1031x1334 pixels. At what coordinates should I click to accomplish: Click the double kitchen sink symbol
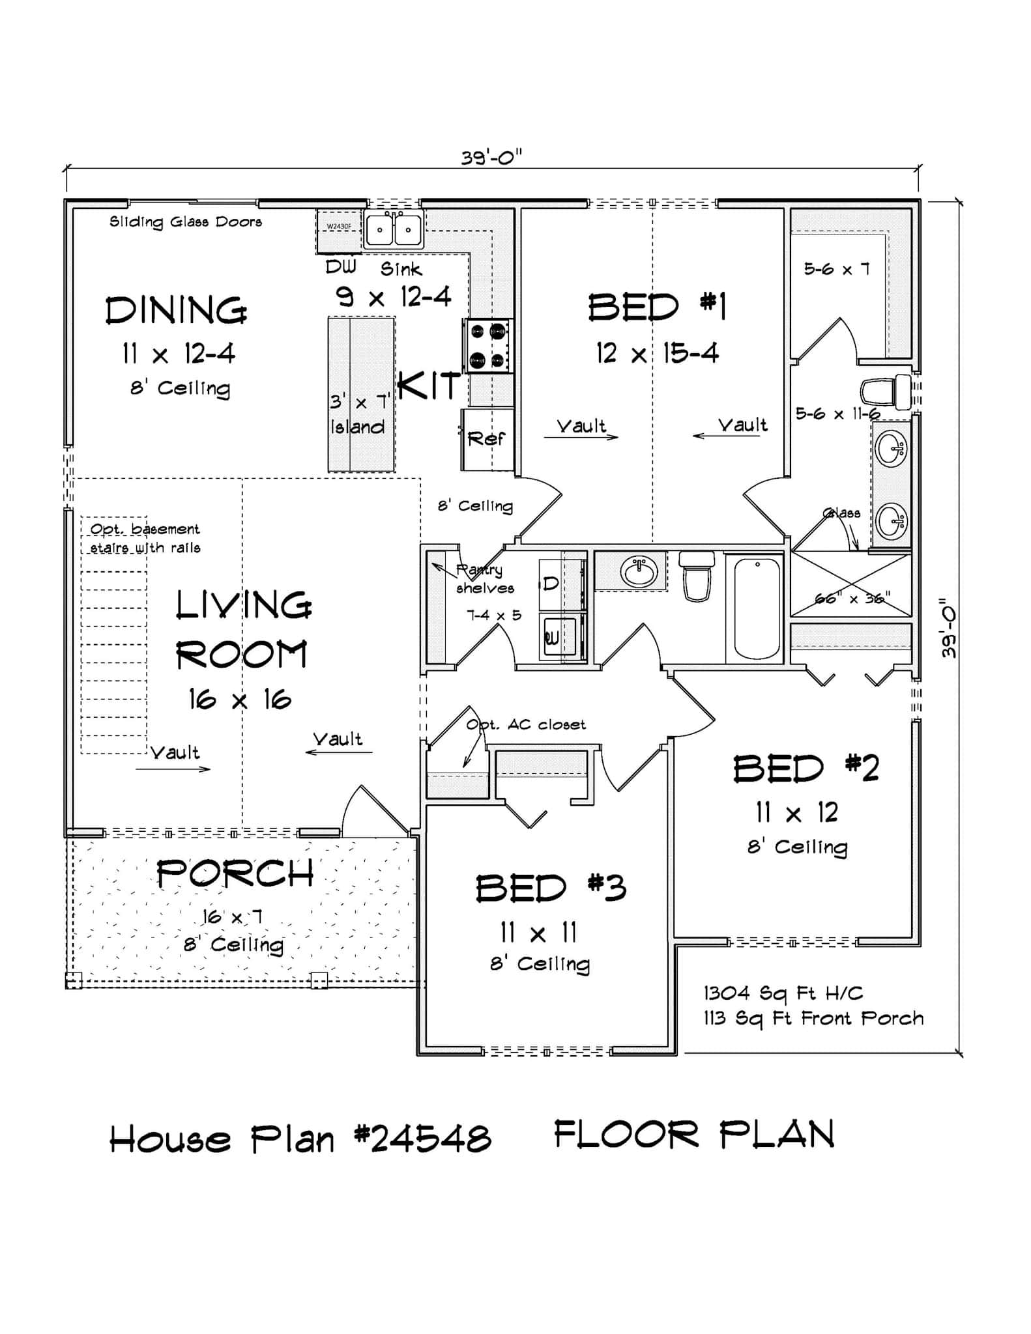(x=393, y=229)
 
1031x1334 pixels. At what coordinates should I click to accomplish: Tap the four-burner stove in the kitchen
(x=487, y=346)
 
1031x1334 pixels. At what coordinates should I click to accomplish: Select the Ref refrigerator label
(x=486, y=439)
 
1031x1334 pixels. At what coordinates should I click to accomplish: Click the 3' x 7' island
(x=361, y=395)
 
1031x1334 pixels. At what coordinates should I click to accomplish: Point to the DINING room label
(x=176, y=311)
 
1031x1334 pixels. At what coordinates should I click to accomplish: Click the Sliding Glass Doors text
(x=186, y=222)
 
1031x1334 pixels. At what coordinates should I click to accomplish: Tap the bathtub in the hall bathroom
(x=756, y=608)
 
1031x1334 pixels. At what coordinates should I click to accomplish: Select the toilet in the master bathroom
(x=885, y=392)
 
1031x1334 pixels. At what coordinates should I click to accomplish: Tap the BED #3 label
(x=551, y=888)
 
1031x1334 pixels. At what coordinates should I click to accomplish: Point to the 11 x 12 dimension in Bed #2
(x=796, y=812)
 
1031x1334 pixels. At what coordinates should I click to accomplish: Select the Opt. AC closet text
(x=527, y=725)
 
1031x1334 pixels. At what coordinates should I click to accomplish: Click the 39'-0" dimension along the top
(x=492, y=158)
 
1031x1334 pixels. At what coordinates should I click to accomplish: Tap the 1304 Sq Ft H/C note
(x=783, y=993)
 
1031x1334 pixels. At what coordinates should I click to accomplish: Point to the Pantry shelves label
(x=484, y=579)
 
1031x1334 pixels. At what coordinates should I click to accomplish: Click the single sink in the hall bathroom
(x=639, y=572)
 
